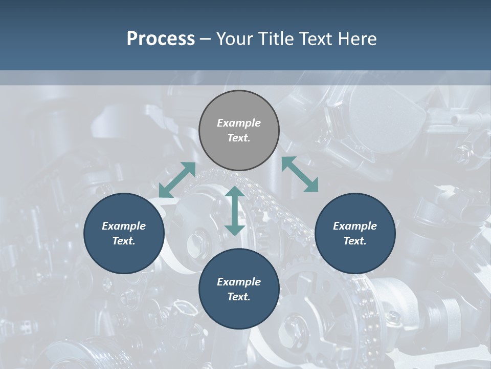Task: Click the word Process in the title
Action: click(161, 39)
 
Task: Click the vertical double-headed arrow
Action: click(235, 211)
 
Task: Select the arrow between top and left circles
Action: click(177, 180)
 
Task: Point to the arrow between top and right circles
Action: click(300, 174)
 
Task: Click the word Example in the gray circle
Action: click(239, 123)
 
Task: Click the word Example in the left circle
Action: click(124, 226)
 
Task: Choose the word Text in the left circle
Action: click(123, 241)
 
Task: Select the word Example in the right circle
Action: click(355, 226)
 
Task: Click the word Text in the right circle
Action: click(354, 241)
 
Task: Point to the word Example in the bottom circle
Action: click(239, 282)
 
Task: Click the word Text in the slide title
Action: click(318, 39)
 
